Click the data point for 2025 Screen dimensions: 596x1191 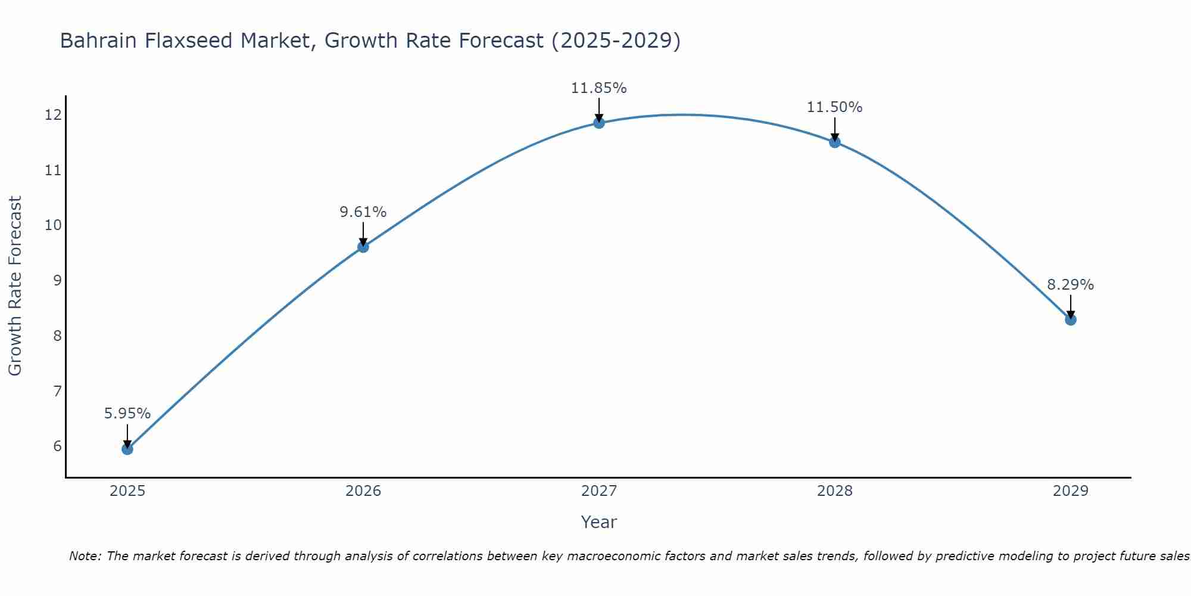pyautogui.click(x=127, y=449)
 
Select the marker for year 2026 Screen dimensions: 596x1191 pyautogui.click(x=363, y=247)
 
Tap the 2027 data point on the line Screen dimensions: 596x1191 pyautogui.click(x=599, y=123)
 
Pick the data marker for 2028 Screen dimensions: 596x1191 pyautogui.click(x=835, y=142)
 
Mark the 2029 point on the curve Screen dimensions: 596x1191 pyautogui.click(x=1071, y=319)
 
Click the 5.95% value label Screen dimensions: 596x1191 pyautogui.click(x=127, y=413)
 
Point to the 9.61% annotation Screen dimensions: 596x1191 pyautogui.click(x=363, y=212)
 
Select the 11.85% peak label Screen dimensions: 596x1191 pyautogui.click(x=599, y=88)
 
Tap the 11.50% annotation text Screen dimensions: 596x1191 pyautogui.click(x=835, y=107)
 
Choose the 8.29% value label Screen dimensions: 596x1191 pyautogui.click(x=1071, y=285)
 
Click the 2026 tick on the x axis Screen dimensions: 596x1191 pyautogui.click(x=363, y=491)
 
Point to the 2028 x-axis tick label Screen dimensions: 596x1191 pyautogui.click(x=835, y=491)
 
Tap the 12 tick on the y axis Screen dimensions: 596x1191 pyautogui.click(x=53, y=114)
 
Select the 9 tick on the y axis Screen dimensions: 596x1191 pyautogui.click(x=57, y=280)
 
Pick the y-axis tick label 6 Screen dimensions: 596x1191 pyautogui.click(x=57, y=446)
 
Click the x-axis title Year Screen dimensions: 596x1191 pyautogui.click(x=599, y=522)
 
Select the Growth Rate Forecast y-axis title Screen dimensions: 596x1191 pyautogui.click(x=15, y=286)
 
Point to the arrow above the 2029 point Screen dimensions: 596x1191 pyautogui.click(x=1071, y=306)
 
